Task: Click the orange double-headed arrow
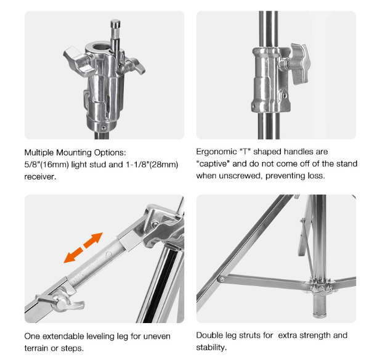click(x=83, y=248)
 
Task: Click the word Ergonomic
click(x=216, y=152)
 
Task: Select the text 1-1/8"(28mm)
click(x=152, y=165)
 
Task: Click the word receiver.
click(x=40, y=177)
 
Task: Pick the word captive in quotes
click(x=213, y=164)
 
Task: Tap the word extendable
click(x=63, y=336)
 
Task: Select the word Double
click(x=209, y=335)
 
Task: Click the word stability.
click(x=211, y=348)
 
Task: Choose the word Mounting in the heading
click(x=74, y=152)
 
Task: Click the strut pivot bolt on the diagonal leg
click(x=221, y=279)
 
